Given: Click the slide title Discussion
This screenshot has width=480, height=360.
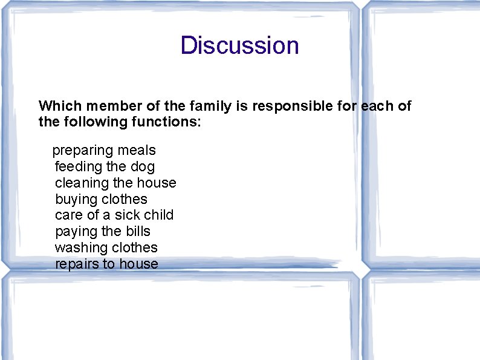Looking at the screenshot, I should pyautogui.click(x=239, y=45).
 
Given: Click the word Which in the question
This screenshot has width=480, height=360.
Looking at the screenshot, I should pyautogui.click(x=60, y=106).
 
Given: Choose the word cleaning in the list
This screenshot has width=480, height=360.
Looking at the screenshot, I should pyautogui.click(x=82, y=183).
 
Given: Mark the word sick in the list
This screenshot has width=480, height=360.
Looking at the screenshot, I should pyautogui.click(x=128, y=215).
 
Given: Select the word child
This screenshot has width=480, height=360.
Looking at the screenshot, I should pyautogui.click(x=159, y=215).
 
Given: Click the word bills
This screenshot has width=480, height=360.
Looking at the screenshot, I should pyautogui.click(x=138, y=231).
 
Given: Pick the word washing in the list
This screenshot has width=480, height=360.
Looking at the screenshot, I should pyautogui.click(x=79, y=247).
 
